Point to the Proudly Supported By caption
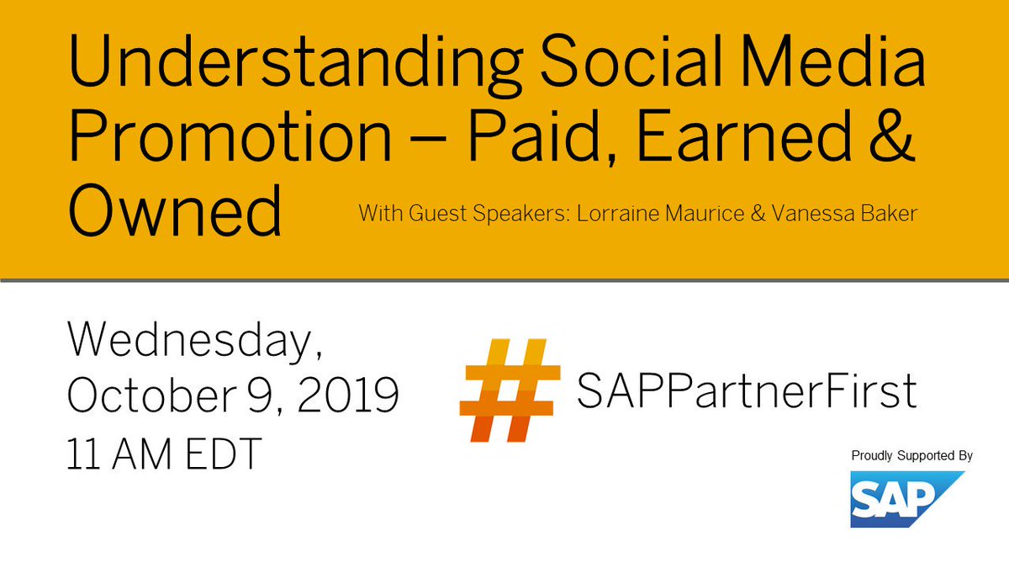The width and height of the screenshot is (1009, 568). click(x=911, y=455)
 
